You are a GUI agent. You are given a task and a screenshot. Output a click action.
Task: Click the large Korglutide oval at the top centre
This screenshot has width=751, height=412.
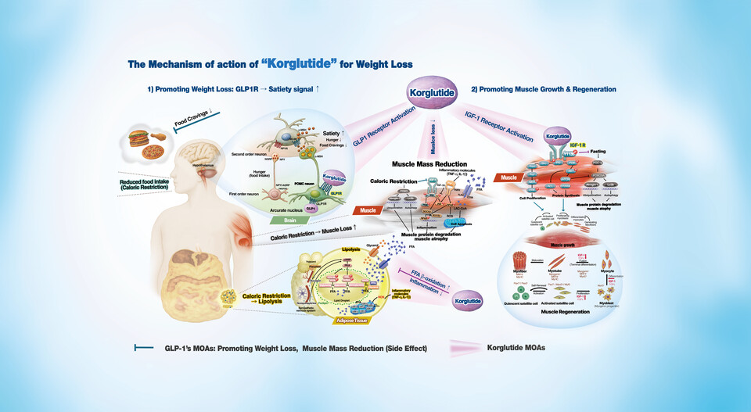coord(428,95)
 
